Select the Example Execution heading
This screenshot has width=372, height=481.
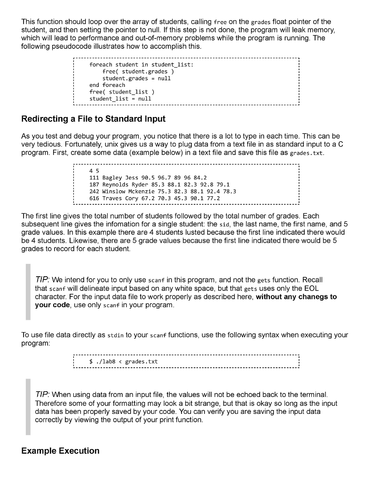60,451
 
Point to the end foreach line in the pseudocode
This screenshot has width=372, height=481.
107,85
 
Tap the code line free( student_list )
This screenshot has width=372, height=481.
119,92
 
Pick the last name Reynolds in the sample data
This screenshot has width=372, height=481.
115,185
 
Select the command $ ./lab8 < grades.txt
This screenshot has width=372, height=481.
123,362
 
